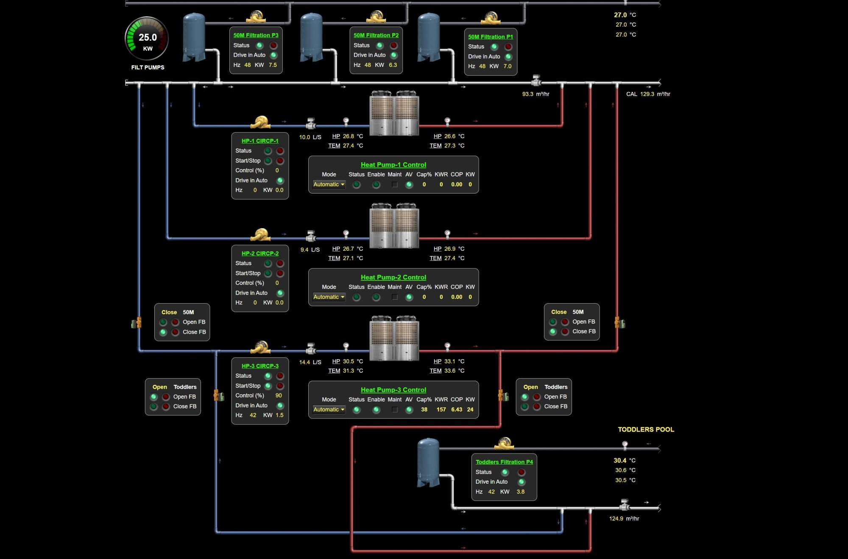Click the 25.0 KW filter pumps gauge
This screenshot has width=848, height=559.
[x=147, y=39]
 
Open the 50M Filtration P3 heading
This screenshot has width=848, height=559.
[x=256, y=35]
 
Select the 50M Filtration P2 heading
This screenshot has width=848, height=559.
[x=376, y=35]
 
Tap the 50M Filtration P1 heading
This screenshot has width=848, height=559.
[x=491, y=37]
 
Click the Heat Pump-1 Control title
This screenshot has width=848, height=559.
[x=393, y=165]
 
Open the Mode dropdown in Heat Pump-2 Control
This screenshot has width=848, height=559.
[x=329, y=297]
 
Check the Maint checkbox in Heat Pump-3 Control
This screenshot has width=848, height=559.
[x=395, y=410]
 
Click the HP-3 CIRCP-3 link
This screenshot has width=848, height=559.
[x=260, y=366]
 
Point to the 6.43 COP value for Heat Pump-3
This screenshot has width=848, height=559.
[x=457, y=410]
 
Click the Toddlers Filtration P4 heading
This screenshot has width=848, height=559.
[x=504, y=462]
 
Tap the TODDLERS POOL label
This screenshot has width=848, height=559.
[x=646, y=429]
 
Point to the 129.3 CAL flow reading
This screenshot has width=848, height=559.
[x=647, y=94]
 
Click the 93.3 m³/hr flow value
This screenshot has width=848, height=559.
[x=528, y=94]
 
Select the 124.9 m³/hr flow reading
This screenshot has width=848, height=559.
[x=616, y=518]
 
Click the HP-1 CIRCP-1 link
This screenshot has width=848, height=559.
[x=260, y=141]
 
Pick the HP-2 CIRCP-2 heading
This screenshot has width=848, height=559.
[x=260, y=253]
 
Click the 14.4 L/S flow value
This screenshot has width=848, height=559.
[x=304, y=362]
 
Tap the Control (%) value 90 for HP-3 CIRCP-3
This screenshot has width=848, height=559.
[x=279, y=396]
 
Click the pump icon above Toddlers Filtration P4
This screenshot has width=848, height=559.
[x=504, y=443]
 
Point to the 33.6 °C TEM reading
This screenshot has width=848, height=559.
[x=449, y=371]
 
